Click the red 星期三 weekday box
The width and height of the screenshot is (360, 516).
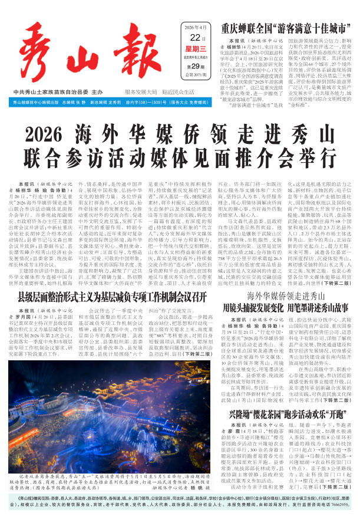195,50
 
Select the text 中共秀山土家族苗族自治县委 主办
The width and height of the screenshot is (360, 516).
66,93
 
